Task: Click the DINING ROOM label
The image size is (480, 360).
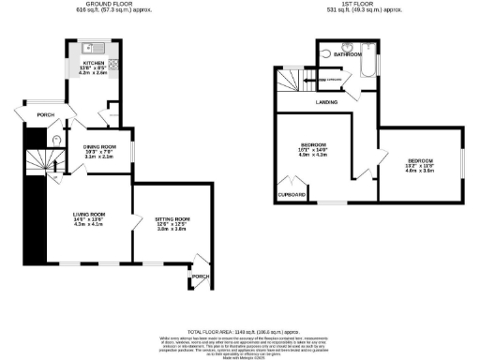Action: coord(99,146)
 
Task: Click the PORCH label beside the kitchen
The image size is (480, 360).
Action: coord(45,114)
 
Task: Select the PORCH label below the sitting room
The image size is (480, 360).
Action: coord(200,277)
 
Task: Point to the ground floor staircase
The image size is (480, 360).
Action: coord(39,164)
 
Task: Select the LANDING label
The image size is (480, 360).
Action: coord(326,101)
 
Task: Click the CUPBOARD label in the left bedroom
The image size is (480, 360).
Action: coord(292,194)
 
